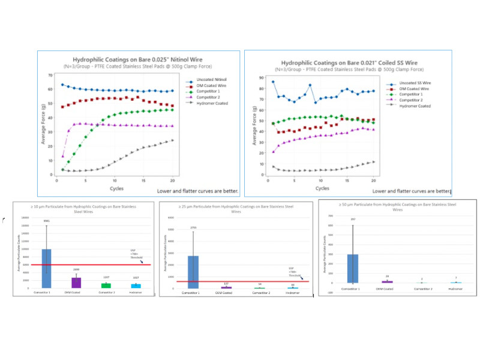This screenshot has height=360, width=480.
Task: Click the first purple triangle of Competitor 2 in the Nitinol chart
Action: click(63, 156)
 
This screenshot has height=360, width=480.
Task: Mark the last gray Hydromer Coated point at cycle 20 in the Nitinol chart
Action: click(173, 140)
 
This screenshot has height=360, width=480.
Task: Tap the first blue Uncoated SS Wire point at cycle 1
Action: click(273, 82)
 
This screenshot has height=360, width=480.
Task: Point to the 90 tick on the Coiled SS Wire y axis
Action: click(260, 78)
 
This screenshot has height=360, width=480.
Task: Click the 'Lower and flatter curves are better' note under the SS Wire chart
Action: click(412, 191)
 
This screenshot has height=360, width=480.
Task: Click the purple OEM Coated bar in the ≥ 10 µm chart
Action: click(76, 282)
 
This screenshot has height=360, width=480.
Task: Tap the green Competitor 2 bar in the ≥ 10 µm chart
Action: click(106, 285)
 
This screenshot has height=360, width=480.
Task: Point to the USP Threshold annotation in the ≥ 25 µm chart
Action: click(292, 270)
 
